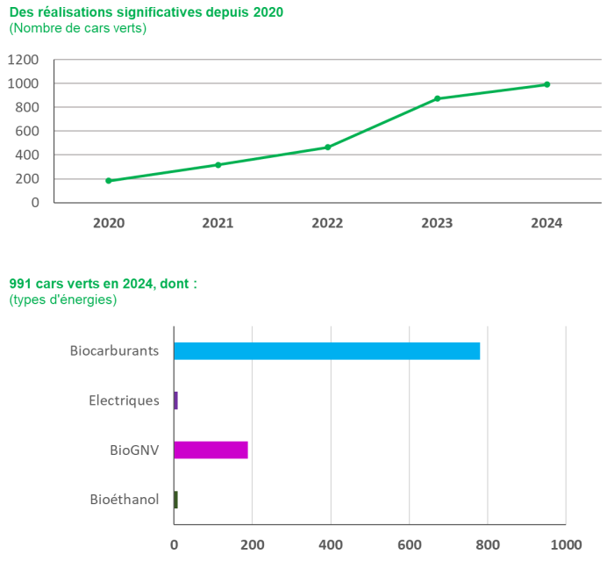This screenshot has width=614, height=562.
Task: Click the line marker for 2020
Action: [x=108, y=181]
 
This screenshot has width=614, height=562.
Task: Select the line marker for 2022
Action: [x=327, y=147]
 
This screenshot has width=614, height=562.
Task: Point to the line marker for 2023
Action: [x=437, y=98]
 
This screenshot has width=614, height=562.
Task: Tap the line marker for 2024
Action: [x=546, y=84]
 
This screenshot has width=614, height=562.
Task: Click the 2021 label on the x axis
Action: [x=218, y=223]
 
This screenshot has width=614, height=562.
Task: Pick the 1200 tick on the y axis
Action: [x=23, y=60]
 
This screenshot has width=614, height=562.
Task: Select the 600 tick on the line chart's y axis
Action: [x=26, y=131]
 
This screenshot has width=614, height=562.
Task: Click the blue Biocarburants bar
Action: [x=327, y=350]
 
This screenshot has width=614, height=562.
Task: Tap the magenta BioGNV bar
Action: [x=211, y=450]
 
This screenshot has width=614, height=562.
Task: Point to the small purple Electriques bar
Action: [x=175, y=400]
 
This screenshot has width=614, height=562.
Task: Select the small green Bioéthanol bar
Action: [x=175, y=500]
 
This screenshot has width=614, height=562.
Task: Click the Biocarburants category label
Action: [x=115, y=350]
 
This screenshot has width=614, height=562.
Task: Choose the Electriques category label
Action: [x=125, y=400]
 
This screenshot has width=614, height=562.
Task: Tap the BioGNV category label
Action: [x=134, y=450]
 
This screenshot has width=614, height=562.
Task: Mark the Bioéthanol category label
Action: [x=125, y=500]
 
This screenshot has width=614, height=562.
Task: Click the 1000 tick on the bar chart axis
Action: [x=566, y=544]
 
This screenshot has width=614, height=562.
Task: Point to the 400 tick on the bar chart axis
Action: [x=331, y=544]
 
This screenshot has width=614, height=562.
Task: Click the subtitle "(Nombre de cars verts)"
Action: [x=77, y=28]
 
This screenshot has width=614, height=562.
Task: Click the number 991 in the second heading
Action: [x=20, y=284]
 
